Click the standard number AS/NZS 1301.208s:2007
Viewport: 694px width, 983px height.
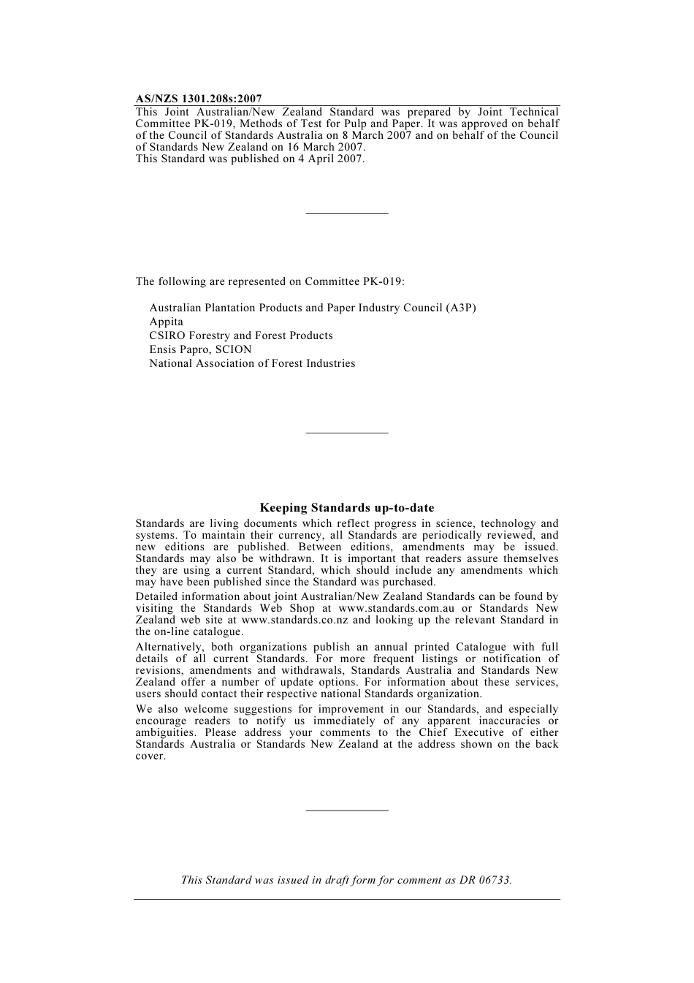[x=199, y=99]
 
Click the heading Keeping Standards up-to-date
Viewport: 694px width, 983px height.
[x=347, y=508]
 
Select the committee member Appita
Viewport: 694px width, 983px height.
[x=167, y=322]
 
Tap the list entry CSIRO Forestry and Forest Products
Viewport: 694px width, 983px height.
[x=241, y=335]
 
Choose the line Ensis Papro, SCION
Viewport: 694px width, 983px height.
[x=200, y=349]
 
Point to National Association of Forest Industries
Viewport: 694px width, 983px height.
[x=252, y=363]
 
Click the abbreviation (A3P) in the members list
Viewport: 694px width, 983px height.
[x=460, y=308]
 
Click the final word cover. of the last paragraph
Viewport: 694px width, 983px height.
[x=150, y=756]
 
